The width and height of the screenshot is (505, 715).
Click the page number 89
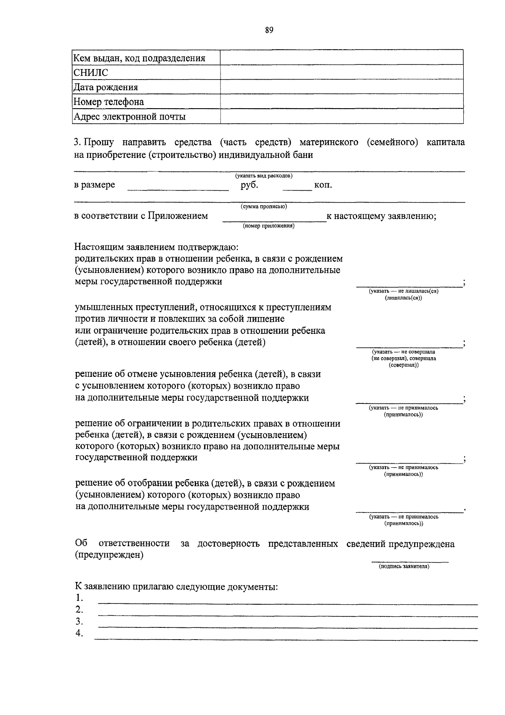(269, 30)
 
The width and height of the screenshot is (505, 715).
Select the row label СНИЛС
(90, 73)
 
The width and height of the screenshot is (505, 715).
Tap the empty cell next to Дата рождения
(341, 87)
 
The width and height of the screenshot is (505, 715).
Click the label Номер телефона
(109, 102)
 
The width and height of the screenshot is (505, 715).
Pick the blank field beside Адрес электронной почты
(341, 117)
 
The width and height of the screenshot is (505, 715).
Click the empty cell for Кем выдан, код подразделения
(341, 58)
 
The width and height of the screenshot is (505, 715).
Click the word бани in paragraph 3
(303, 155)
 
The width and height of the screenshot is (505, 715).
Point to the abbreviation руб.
(249, 185)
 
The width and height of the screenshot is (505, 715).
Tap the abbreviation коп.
(323, 185)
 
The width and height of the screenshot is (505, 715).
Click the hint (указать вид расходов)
(263, 176)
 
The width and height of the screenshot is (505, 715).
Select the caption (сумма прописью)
(264, 206)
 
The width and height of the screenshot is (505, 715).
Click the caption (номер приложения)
(268, 226)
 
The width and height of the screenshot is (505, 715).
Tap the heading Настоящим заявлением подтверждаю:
(157, 247)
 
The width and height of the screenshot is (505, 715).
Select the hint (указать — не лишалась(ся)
(404, 291)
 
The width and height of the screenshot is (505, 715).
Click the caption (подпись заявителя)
(404, 566)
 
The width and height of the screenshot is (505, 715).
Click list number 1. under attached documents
(79, 598)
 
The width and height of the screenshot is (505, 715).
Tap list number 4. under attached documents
(79, 633)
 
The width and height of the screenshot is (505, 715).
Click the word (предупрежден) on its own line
(109, 555)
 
